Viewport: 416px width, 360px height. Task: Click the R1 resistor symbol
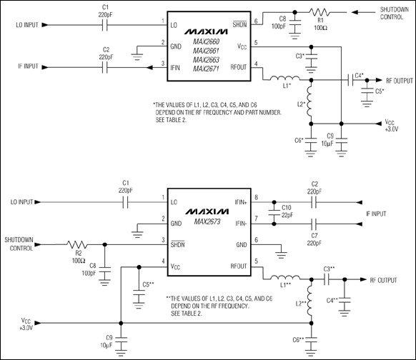(x=320, y=12)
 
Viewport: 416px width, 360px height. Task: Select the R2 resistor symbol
(x=77, y=244)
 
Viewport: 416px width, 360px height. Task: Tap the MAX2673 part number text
(x=207, y=221)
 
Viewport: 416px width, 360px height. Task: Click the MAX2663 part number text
(x=206, y=60)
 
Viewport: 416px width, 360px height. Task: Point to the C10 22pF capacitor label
(x=287, y=211)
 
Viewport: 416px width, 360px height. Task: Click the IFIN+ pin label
(x=241, y=202)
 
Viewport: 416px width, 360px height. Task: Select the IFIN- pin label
(x=241, y=224)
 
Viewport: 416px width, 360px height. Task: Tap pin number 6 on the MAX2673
(x=257, y=240)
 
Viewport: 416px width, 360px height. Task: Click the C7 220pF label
(x=315, y=239)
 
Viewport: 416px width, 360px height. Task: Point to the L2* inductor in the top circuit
(x=309, y=101)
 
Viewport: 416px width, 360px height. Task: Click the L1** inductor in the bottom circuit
(x=285, y=277)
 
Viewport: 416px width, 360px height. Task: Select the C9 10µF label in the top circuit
(x=327, y=140)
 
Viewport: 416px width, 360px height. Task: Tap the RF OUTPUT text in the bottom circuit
(x=383, y=280)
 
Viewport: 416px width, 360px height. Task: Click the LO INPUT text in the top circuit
(x=27, y=25)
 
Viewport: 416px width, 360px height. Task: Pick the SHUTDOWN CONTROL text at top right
(x=395, y=14)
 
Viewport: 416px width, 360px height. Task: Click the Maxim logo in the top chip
(x=206, y=32)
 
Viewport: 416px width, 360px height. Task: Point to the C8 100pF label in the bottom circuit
(x=89, y=269)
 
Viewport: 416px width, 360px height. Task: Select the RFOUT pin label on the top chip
(x=239, y=67)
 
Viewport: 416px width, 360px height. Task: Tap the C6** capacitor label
(x=298, y=339)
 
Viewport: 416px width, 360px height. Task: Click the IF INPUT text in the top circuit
(x=28, y=66)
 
